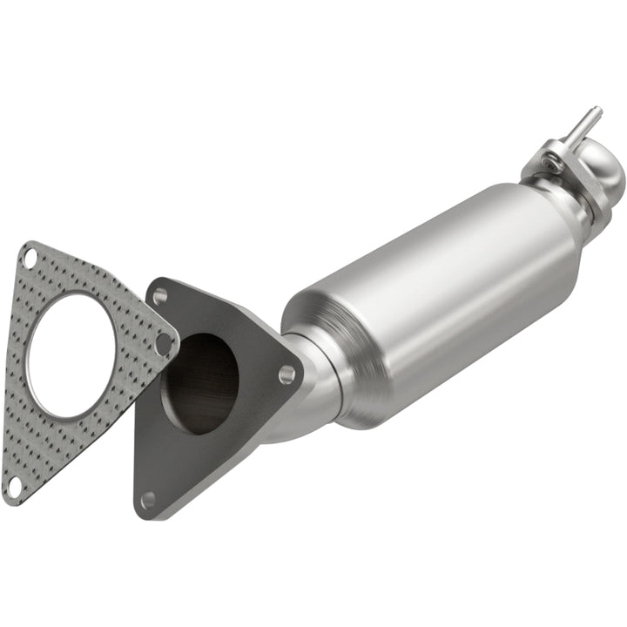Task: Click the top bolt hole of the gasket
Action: [30, 258]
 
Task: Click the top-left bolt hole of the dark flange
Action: [159, 296]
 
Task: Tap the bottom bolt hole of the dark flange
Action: [148, 499]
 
